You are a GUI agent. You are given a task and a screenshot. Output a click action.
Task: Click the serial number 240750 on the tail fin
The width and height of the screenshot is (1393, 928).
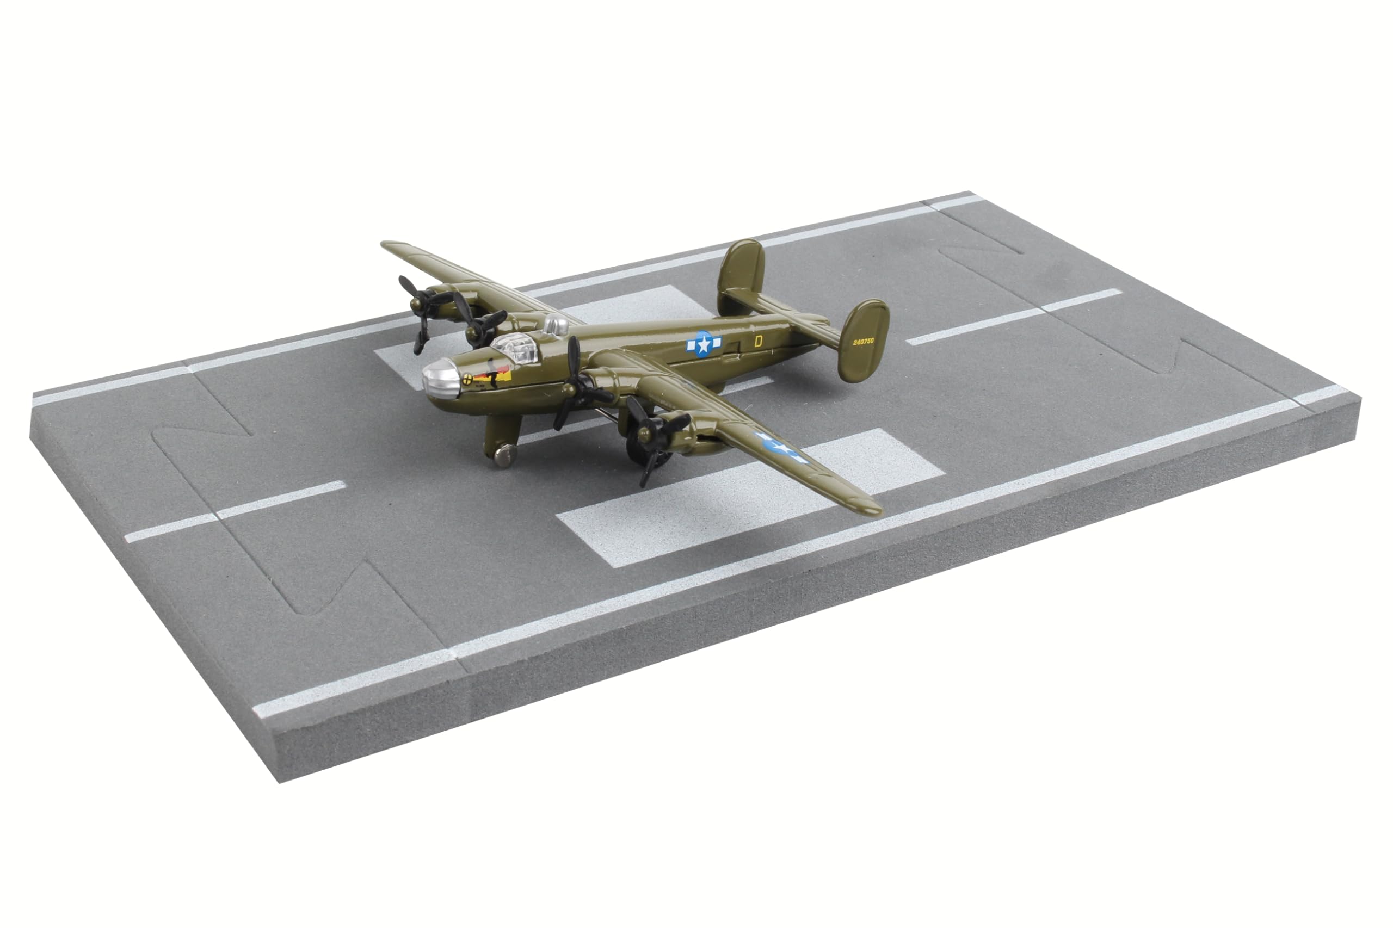coord(863,342)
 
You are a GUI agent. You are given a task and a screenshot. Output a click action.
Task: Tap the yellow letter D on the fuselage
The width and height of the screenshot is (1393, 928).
coord(759,341)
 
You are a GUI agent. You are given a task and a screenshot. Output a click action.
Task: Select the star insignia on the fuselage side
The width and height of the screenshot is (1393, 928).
coord(702,344)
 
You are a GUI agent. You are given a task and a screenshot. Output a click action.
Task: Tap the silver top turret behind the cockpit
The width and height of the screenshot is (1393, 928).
coord(554,324)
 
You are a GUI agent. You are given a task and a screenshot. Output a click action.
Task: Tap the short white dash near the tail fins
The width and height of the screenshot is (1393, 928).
coord(1014,317)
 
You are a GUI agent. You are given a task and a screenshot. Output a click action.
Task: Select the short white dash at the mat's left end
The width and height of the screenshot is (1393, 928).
coord(235,511)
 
